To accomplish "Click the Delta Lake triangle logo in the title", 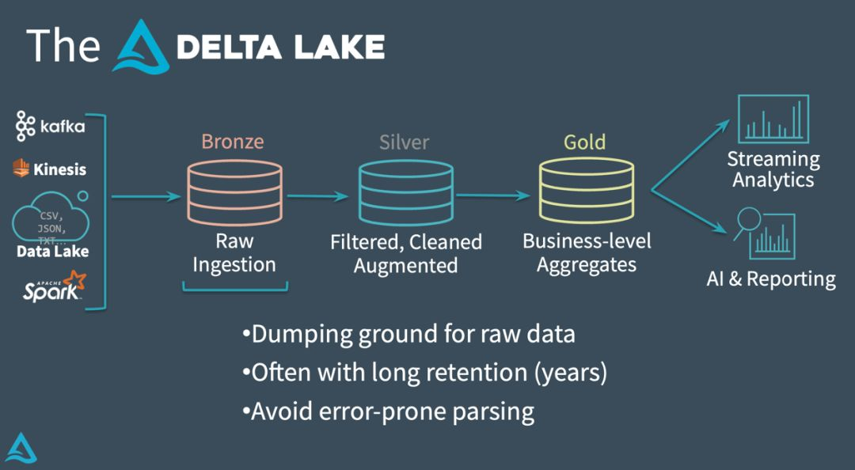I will coord(142,47).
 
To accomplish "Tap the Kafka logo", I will coord(50,127).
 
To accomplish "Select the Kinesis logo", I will coord(49,169).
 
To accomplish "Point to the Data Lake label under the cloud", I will coord(53,252).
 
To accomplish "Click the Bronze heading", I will coord(232,142).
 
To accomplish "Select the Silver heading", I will coord(405,142).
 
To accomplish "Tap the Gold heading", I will coord(584,142).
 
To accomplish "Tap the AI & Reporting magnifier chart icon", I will coord(766,233).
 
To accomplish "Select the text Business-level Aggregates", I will coord(587,253).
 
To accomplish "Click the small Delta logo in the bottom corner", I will coord(21,449).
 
